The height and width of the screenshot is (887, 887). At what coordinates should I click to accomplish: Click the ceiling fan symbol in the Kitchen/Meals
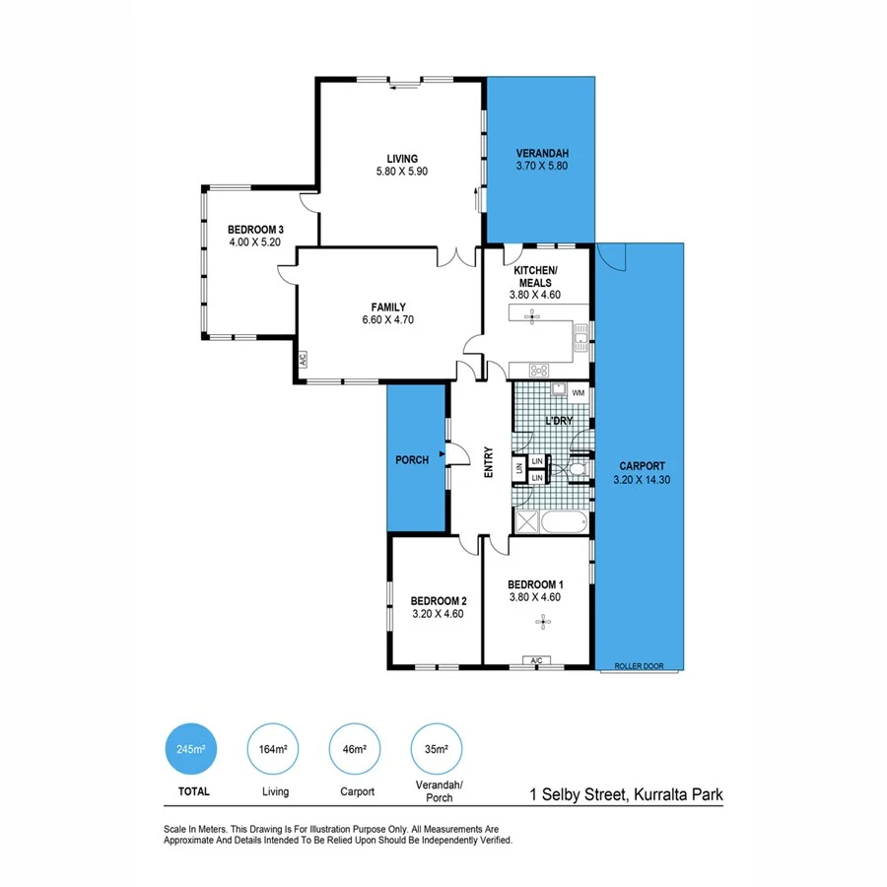533,316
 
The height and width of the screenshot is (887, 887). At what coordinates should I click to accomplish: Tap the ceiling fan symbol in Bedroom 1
541,620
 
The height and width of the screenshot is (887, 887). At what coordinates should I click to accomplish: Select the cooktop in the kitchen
540,371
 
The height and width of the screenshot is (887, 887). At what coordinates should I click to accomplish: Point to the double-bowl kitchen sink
581,341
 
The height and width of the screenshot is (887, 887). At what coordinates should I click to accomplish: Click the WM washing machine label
578,392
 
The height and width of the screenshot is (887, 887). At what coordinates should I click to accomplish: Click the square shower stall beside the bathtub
525,521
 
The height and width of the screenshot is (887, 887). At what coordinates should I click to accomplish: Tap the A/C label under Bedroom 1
537,660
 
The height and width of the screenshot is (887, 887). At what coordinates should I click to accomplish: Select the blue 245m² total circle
191,750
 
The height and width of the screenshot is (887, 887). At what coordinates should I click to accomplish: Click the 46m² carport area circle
355,750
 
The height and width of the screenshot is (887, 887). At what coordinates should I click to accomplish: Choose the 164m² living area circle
273,750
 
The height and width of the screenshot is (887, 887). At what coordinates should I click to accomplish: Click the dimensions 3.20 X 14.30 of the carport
642,479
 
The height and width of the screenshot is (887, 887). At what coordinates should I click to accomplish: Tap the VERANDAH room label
542,154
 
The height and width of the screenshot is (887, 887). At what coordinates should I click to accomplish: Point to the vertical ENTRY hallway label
488,463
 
